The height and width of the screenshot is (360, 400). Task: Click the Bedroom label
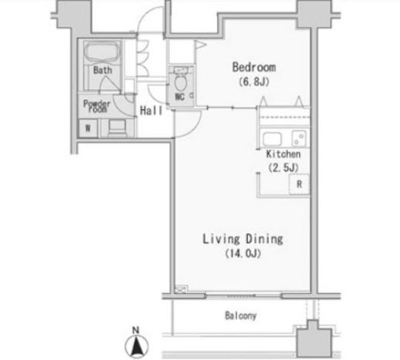(254, 67)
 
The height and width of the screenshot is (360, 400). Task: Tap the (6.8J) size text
(254, 82)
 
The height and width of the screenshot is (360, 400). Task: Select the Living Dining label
(243, 239)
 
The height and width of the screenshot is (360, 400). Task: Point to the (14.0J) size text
(243, 253)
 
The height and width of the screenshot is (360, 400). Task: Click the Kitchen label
(283, 154)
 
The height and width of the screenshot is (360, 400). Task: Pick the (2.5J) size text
(283, 168)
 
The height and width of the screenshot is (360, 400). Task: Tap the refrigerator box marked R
(299, 184)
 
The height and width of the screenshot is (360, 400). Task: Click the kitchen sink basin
(272, 139)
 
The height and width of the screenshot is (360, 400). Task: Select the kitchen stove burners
(299, 138)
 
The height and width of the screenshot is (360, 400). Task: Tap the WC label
(179, 97)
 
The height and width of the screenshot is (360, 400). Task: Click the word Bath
(102, 70)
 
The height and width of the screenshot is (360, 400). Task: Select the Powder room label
(97, 106)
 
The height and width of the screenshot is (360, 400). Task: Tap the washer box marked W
(88, 128)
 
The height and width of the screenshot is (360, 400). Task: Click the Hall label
(151, 111)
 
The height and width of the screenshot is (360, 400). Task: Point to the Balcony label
(241, 315)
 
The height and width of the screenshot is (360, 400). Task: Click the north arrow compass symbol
(137, 346)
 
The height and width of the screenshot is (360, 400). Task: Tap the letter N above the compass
(135, 330)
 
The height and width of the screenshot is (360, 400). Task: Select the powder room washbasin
(117, 128)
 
